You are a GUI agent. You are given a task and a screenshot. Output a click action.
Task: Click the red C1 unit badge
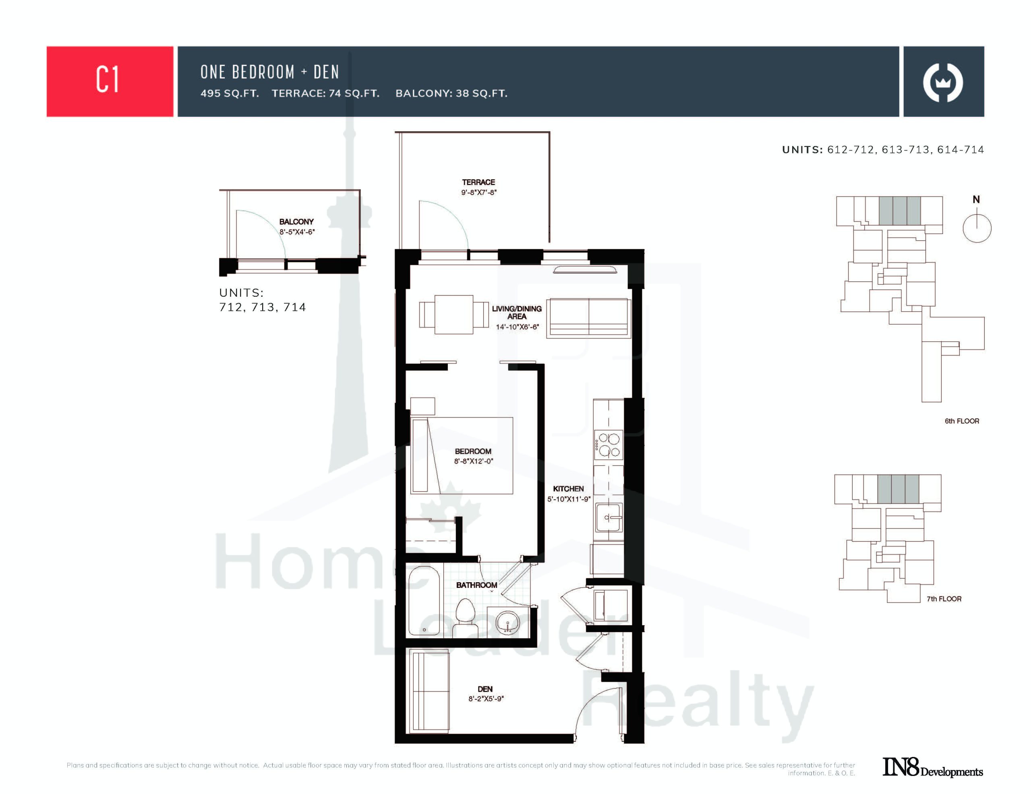(110, 81)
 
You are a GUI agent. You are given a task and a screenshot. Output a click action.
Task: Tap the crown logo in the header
(943, 83)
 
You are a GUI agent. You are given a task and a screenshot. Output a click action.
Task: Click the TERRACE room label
(478, 182)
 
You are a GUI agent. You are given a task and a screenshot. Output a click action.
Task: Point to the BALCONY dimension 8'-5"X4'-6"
(297, 232)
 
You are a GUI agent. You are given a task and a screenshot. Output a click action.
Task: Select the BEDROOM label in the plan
(473, 451)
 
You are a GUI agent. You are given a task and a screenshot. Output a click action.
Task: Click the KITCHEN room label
(568, 488)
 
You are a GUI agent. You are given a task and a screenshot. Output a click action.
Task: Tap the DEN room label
(485, 689)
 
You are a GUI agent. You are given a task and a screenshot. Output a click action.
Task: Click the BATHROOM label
(476, 585)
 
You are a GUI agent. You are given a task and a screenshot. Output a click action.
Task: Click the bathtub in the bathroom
(424, 600)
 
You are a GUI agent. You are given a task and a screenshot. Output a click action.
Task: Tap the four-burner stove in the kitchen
(608, 445)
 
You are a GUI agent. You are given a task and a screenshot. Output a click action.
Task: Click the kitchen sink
(609, 517)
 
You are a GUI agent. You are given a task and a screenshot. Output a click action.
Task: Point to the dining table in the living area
(453, 314)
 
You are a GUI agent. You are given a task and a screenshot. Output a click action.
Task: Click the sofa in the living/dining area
(589, 318)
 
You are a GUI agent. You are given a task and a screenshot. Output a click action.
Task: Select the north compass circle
(977, 228)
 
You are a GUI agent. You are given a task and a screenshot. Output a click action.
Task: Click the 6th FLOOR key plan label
(962, 421)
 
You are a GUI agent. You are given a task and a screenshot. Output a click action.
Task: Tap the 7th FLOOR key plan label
(944, 599)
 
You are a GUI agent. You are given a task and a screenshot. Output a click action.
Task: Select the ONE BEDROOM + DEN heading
(269, 72)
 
